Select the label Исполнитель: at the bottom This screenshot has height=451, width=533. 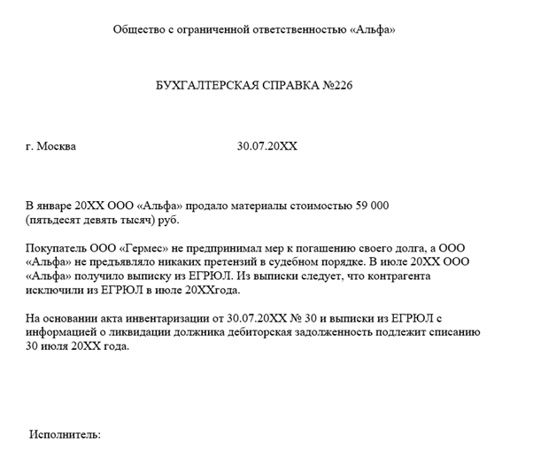(65, 435)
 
